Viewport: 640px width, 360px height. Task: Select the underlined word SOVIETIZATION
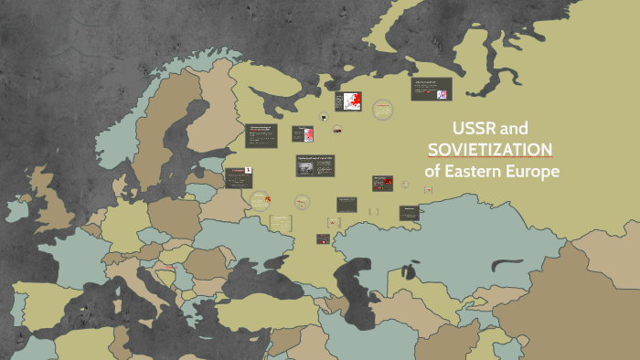click(490, 149)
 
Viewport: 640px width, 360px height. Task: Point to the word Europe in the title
click(534, 171)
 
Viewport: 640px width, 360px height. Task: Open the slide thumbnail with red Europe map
click(351, 101)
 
